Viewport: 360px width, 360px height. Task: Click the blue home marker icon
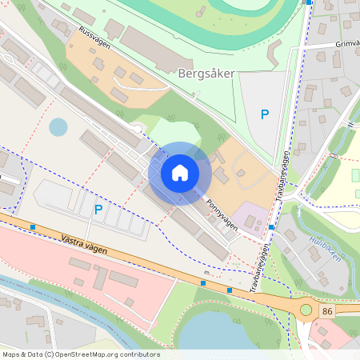(180, 173)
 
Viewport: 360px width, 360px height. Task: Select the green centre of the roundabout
(306, 310)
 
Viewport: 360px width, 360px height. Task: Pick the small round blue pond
(58, 126)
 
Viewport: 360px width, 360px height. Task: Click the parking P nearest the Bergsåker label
(265, 114)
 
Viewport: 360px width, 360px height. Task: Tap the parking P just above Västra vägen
(98, 210)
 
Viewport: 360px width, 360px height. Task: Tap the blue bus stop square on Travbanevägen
(272, 227)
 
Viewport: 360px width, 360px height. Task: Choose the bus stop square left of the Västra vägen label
(33, 227)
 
